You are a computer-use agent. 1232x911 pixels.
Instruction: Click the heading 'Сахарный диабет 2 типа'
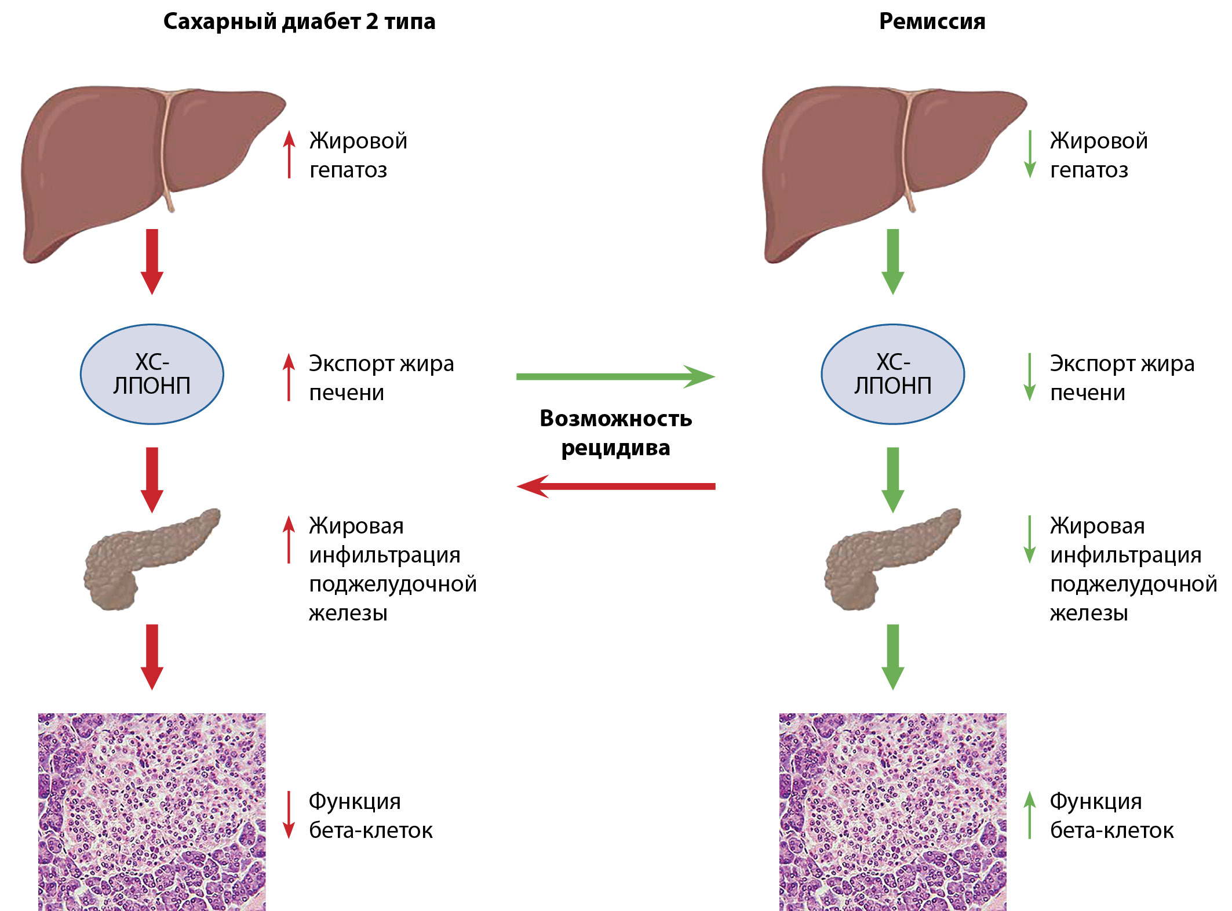click(299, 21)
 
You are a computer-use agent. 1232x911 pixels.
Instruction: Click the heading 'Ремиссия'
click(932, 21)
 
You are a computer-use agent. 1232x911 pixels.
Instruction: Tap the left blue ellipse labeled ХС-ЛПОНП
click(152, 374)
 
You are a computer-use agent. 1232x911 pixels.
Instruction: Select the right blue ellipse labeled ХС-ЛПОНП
click(892, 374)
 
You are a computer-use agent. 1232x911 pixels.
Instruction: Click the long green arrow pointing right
click(614, 376)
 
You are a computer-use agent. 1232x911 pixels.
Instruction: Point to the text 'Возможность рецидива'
click(615, 433)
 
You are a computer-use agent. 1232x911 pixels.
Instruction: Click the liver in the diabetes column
click(116, 168)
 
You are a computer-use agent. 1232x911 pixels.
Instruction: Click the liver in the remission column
click(858, 168)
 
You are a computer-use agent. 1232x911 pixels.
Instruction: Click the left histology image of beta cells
click(152, 812)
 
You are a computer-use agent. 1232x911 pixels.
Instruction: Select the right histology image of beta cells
click(892, 812)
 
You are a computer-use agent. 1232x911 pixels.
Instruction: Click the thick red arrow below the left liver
click(152, 261)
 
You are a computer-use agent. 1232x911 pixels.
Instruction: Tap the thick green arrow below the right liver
click(892, 261)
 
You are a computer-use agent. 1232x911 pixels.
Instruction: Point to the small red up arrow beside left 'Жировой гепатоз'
click(289, 154)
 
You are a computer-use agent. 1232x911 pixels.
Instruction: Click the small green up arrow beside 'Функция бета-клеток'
click(1029, 815)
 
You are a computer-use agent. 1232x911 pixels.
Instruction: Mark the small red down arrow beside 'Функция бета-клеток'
click(289, 815)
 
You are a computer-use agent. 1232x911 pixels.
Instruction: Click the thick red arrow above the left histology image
click(152, 656)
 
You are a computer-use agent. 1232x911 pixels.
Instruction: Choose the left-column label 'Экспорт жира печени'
click(381, 378)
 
